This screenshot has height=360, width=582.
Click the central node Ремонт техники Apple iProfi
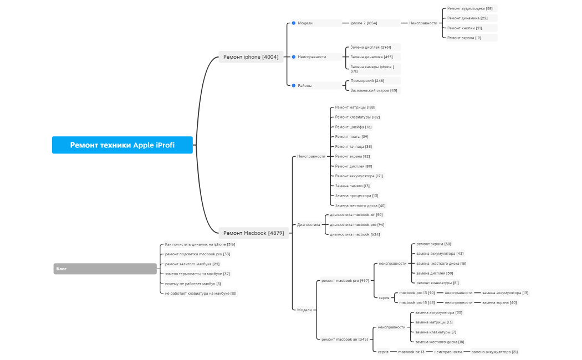[122, 145]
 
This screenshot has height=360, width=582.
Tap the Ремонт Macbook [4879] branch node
[253, 233]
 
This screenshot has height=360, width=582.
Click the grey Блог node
[105, 269]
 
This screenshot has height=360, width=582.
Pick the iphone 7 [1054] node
[364, 23]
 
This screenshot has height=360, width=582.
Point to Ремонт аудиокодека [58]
[469, 9]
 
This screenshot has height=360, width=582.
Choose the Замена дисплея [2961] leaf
[371, 47]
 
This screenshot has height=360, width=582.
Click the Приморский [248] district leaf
[367, 81]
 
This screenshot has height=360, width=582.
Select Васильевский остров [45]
[374, 90]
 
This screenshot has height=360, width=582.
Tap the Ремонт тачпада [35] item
[353, 147]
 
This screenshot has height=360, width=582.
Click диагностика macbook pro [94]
[357, 225]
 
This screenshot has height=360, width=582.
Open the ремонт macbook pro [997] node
[345, 281]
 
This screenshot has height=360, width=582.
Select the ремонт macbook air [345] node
[344, 340]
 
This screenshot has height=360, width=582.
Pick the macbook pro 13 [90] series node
[417, 293]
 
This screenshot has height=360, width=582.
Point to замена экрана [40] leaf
[499, 302]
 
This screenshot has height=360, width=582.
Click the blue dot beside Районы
[294, 86]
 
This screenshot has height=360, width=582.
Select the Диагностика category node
[309, 225]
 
